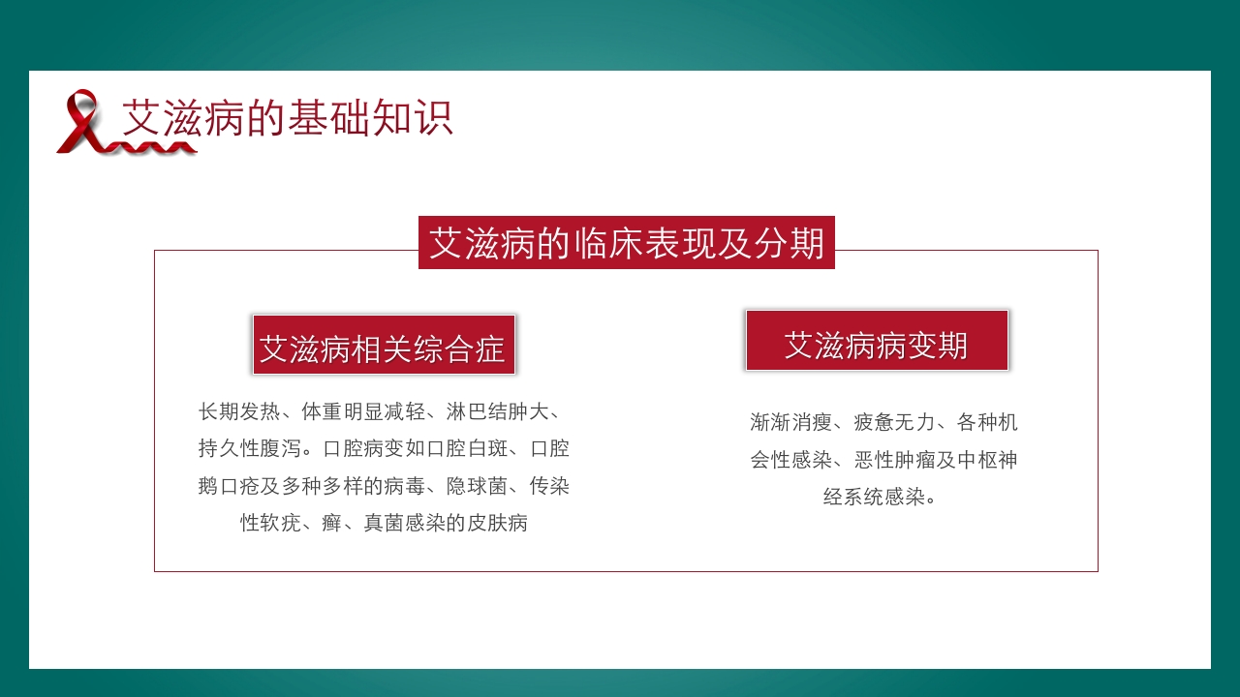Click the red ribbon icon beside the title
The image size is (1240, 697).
79,122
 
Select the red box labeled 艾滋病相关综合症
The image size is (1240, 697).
384,345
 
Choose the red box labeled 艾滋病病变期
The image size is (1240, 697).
877,341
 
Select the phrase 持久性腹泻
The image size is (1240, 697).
250,449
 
